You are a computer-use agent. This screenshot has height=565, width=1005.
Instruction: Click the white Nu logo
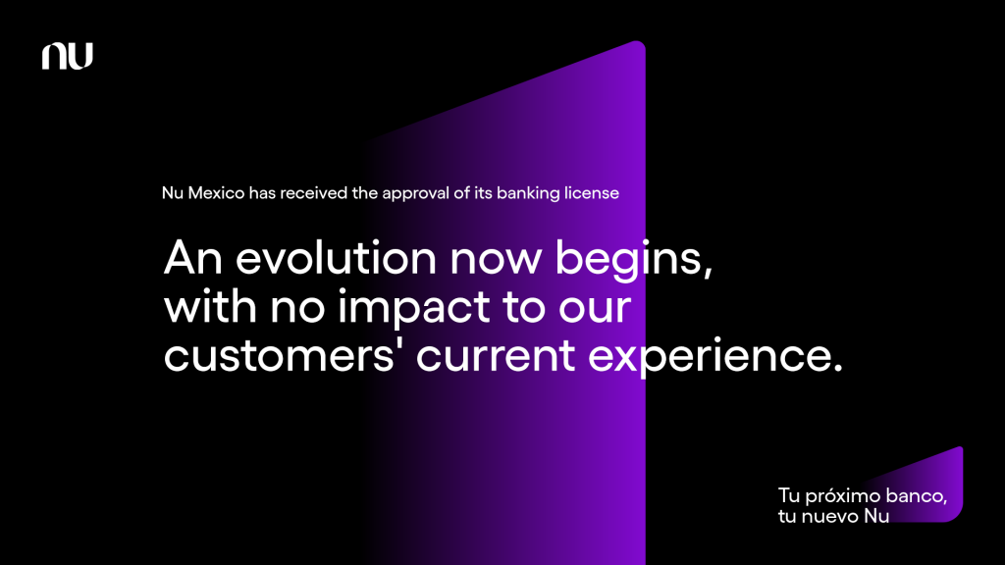pyautogui.click(x=68, y=56)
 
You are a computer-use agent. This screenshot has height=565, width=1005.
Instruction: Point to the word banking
pyautogui.click(x=528, y=194)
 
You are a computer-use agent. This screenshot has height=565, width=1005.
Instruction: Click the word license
pyautogui.click(x=592, y=193)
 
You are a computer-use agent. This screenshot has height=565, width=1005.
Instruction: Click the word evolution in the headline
pyautogui.click(x=337, y=258)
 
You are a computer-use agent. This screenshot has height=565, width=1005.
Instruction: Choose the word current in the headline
pyautogui.click(x=496, y=357)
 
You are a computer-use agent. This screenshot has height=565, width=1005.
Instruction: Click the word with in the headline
pyautogui.click(x=211, y=307)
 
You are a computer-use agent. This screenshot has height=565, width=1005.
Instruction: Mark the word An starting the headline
pyautogui.click(x=193, y=259)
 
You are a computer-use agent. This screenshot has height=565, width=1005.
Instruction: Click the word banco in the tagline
pyautogui.click(x=916, y=495)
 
